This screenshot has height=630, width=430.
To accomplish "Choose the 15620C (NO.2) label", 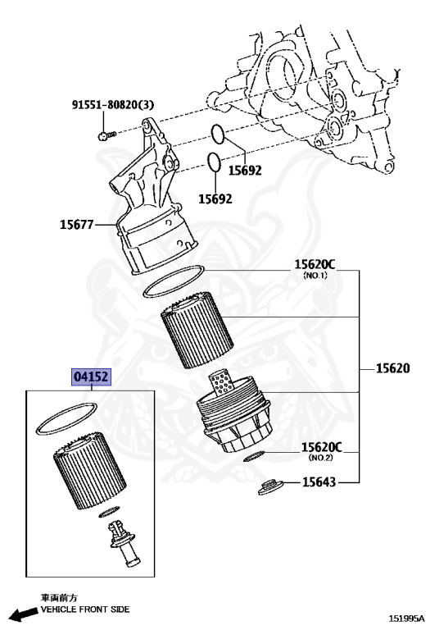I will click(320, 447).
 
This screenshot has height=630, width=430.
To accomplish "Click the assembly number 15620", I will click(392, 369).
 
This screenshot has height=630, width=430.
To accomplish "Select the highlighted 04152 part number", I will click(92, 377).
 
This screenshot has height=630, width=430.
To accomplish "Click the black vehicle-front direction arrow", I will click(19, 613).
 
